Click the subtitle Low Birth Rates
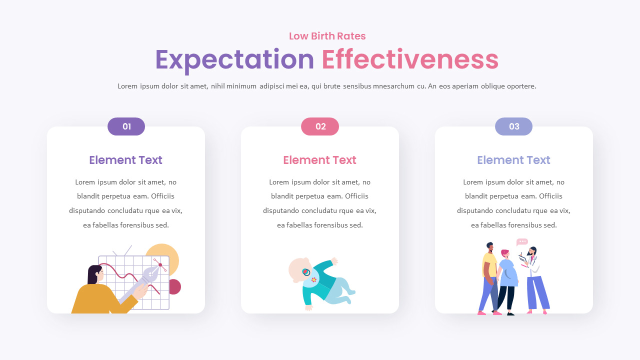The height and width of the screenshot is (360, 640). (327, 36)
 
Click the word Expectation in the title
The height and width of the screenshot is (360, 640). (234, 59)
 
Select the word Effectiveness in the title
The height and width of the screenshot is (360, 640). (410, 59)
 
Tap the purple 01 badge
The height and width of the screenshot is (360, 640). (126, 126)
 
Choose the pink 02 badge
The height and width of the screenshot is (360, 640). (320, 126)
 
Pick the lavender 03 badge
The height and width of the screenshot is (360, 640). (513, 126)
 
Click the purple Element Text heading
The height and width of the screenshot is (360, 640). (126, 160)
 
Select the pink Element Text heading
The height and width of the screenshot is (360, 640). (320, 160)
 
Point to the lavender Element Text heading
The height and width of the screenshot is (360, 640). (513, 160)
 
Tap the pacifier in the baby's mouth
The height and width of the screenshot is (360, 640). (306, 272)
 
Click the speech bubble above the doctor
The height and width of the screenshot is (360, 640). (522, 241)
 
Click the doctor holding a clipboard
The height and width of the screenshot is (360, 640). (534, 275)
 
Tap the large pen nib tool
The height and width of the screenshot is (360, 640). (150, 275)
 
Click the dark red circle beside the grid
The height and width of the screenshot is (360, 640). (174, 287)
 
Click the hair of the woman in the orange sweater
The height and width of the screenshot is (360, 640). (93, 274)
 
